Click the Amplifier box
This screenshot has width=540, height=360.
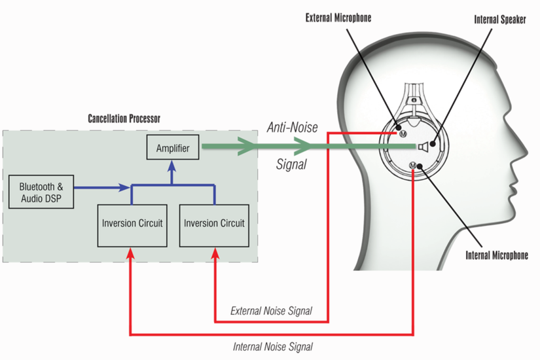tap(173, 149)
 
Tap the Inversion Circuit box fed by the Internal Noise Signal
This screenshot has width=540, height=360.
tap(132, 223)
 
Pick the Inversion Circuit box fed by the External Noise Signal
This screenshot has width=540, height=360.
tap(214, 223)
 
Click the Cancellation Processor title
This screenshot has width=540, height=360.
tap(124, 119)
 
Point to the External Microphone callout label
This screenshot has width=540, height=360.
tap(338, 18)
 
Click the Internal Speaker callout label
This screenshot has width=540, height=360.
tap(500, 20)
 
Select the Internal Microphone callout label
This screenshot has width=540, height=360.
tap(497, 255)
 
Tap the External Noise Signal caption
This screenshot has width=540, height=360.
tap(271, 311)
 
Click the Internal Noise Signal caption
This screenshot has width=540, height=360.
tap(273, 346)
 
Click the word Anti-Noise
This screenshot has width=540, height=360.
tap(292, 128)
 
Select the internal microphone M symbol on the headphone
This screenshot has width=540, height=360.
tap(412, 165)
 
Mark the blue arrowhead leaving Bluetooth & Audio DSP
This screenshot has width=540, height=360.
tap(124, 189)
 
